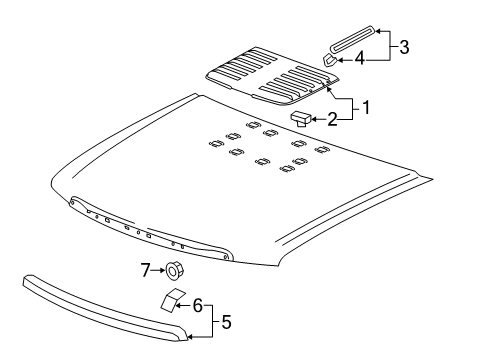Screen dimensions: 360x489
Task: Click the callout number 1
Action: coord(366,107)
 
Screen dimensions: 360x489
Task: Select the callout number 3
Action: coord(404,46)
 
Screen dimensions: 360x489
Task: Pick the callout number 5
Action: coord(226,322)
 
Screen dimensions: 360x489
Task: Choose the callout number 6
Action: coord(197,304)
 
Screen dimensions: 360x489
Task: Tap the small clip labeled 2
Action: coord(300,119)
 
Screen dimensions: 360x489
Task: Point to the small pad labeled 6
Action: coord(169,298)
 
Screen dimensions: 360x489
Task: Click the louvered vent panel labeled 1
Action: coord(270,75)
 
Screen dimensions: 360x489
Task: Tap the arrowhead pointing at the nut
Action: coord(163,269)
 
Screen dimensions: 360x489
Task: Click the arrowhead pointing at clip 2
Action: coord(313,119)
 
